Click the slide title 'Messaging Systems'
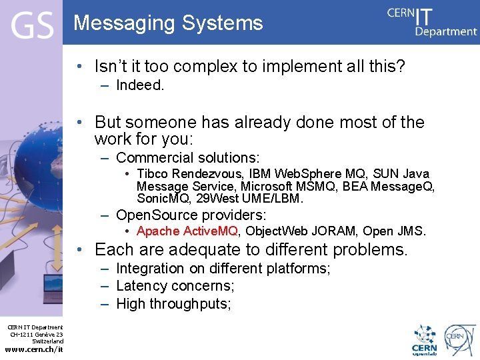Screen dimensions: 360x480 (168, 23)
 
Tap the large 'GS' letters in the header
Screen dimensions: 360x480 (31, 26)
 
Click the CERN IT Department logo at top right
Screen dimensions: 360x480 (432, 21)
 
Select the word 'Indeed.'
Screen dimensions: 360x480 (140, 85)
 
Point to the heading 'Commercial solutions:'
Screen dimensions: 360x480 (187, 158)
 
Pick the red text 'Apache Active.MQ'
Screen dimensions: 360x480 (187, 231)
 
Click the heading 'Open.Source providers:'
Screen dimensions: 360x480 (191, 215)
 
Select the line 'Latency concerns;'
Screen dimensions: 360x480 (175, 286)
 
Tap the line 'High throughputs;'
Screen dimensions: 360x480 (173, 304)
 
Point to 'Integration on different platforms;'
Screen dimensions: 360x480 (223, 269)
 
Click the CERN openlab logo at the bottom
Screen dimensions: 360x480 (424, 339)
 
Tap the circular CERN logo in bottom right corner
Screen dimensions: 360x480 (461, 338)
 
